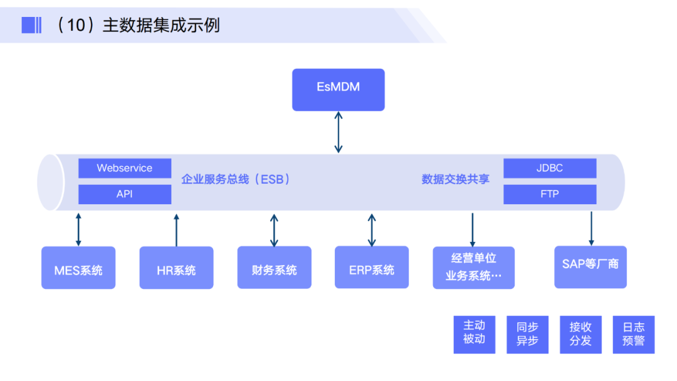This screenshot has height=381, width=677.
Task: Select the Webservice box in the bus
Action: pyautogui.click(x=125, y=168)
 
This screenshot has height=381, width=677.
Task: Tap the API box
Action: pyautogui.click(x=125, y=194)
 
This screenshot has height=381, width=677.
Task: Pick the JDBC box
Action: pyautogui.click(x=550, y=168)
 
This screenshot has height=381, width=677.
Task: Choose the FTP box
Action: pyautogui.click(x=550, y=194)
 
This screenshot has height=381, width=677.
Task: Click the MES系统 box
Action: pyautogui.click(x=78, y=268)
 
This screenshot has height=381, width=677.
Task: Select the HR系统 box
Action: pyautogui.click(x=176, y=268)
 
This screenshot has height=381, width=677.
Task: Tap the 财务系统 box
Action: pyautogui.click(x=274, y=268)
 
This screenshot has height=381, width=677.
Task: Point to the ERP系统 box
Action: pyautogui.click(x=372, y=268)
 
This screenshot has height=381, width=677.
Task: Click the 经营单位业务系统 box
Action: pyautogui.click(x=473, y=268)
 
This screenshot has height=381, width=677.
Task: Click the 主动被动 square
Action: pyautogui.click(x=474, y=335)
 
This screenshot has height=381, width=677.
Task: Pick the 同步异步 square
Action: pyautogui.click(x=527, y=335)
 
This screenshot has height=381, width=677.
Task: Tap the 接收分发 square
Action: pyautogui.click(x=580, y=335)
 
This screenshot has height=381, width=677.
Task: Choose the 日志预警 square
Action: pyautogui.click(x=633, y=335)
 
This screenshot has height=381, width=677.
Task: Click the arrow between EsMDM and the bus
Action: pyautogui.click(x=338, y=132)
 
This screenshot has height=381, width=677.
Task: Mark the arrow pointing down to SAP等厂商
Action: pyautogui.click(x=590, y=228)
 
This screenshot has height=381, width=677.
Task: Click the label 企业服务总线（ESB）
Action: pyautogui.click(x=236, y=179)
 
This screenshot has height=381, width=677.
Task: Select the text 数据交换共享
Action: pyautogui.click(x=455, y=179)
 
